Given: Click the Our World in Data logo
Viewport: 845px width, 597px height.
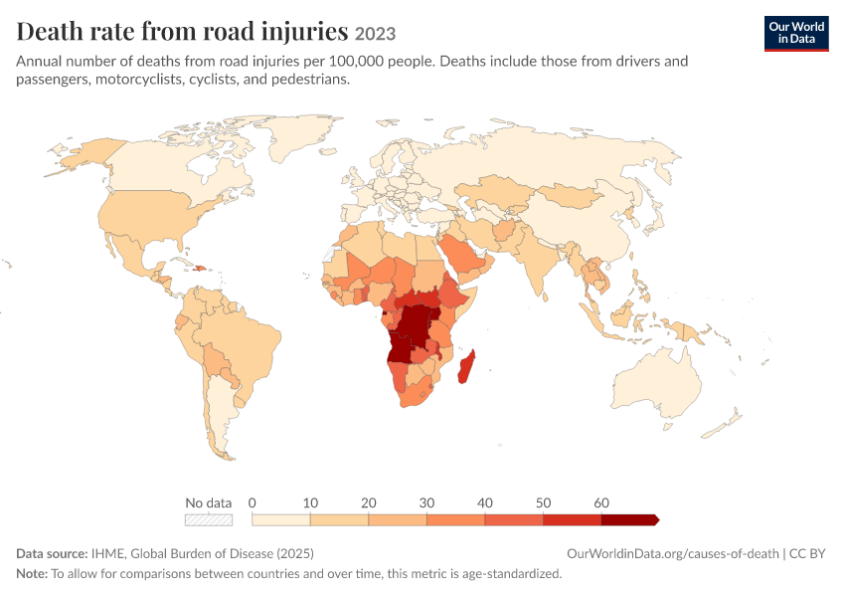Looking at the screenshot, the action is (796, 34).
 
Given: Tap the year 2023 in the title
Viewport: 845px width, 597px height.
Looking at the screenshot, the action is (375, 34).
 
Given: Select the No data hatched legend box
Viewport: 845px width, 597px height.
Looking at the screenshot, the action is (209, 519).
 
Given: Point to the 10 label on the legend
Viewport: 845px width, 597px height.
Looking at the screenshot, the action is (310, 502).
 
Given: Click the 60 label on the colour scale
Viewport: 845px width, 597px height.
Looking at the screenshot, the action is (601, 502).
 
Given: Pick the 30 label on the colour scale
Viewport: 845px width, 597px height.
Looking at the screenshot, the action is (426, 502).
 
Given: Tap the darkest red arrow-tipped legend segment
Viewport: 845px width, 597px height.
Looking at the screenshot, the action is (630, 519).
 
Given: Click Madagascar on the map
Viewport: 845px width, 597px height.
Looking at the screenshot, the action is (466, 367).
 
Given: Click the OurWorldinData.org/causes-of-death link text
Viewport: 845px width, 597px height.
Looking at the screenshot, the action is (673, 554).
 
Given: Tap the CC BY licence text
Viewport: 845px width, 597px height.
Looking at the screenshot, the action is (807, 554).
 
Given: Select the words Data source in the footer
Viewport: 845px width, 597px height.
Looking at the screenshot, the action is (52, 554).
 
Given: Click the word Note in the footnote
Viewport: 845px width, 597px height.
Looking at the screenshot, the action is (32, 573).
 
